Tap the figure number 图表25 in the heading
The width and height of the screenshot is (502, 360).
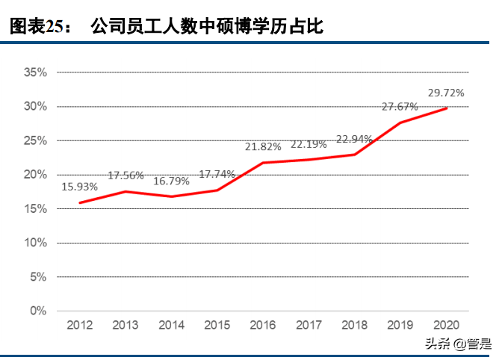coord(37,28)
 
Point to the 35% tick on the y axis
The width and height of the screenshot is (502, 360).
coord(35,72)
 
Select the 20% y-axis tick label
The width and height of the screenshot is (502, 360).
coord(35,174)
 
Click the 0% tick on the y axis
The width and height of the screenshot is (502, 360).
coord(38,311)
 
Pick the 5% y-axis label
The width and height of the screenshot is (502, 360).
coord(38,276)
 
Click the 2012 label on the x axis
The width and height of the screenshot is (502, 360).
coord(80,325)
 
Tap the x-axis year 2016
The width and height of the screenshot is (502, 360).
coord(262,325)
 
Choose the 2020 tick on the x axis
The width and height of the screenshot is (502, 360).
coord(446,325)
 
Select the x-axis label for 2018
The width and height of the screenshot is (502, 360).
coord(354,325)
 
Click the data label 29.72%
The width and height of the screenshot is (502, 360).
coord(446,93)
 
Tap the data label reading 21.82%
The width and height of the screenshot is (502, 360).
coord(262,146)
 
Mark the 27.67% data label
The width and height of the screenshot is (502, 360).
coord(400,108)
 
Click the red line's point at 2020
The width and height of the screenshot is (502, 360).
coord(447,108)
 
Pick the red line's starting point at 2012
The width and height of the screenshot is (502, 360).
coord(80,202)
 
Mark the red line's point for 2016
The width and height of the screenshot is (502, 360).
coord(263,162)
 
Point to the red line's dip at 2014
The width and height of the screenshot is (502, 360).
coord(171,196)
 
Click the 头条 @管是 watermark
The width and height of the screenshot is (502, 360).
coord(458,344)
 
